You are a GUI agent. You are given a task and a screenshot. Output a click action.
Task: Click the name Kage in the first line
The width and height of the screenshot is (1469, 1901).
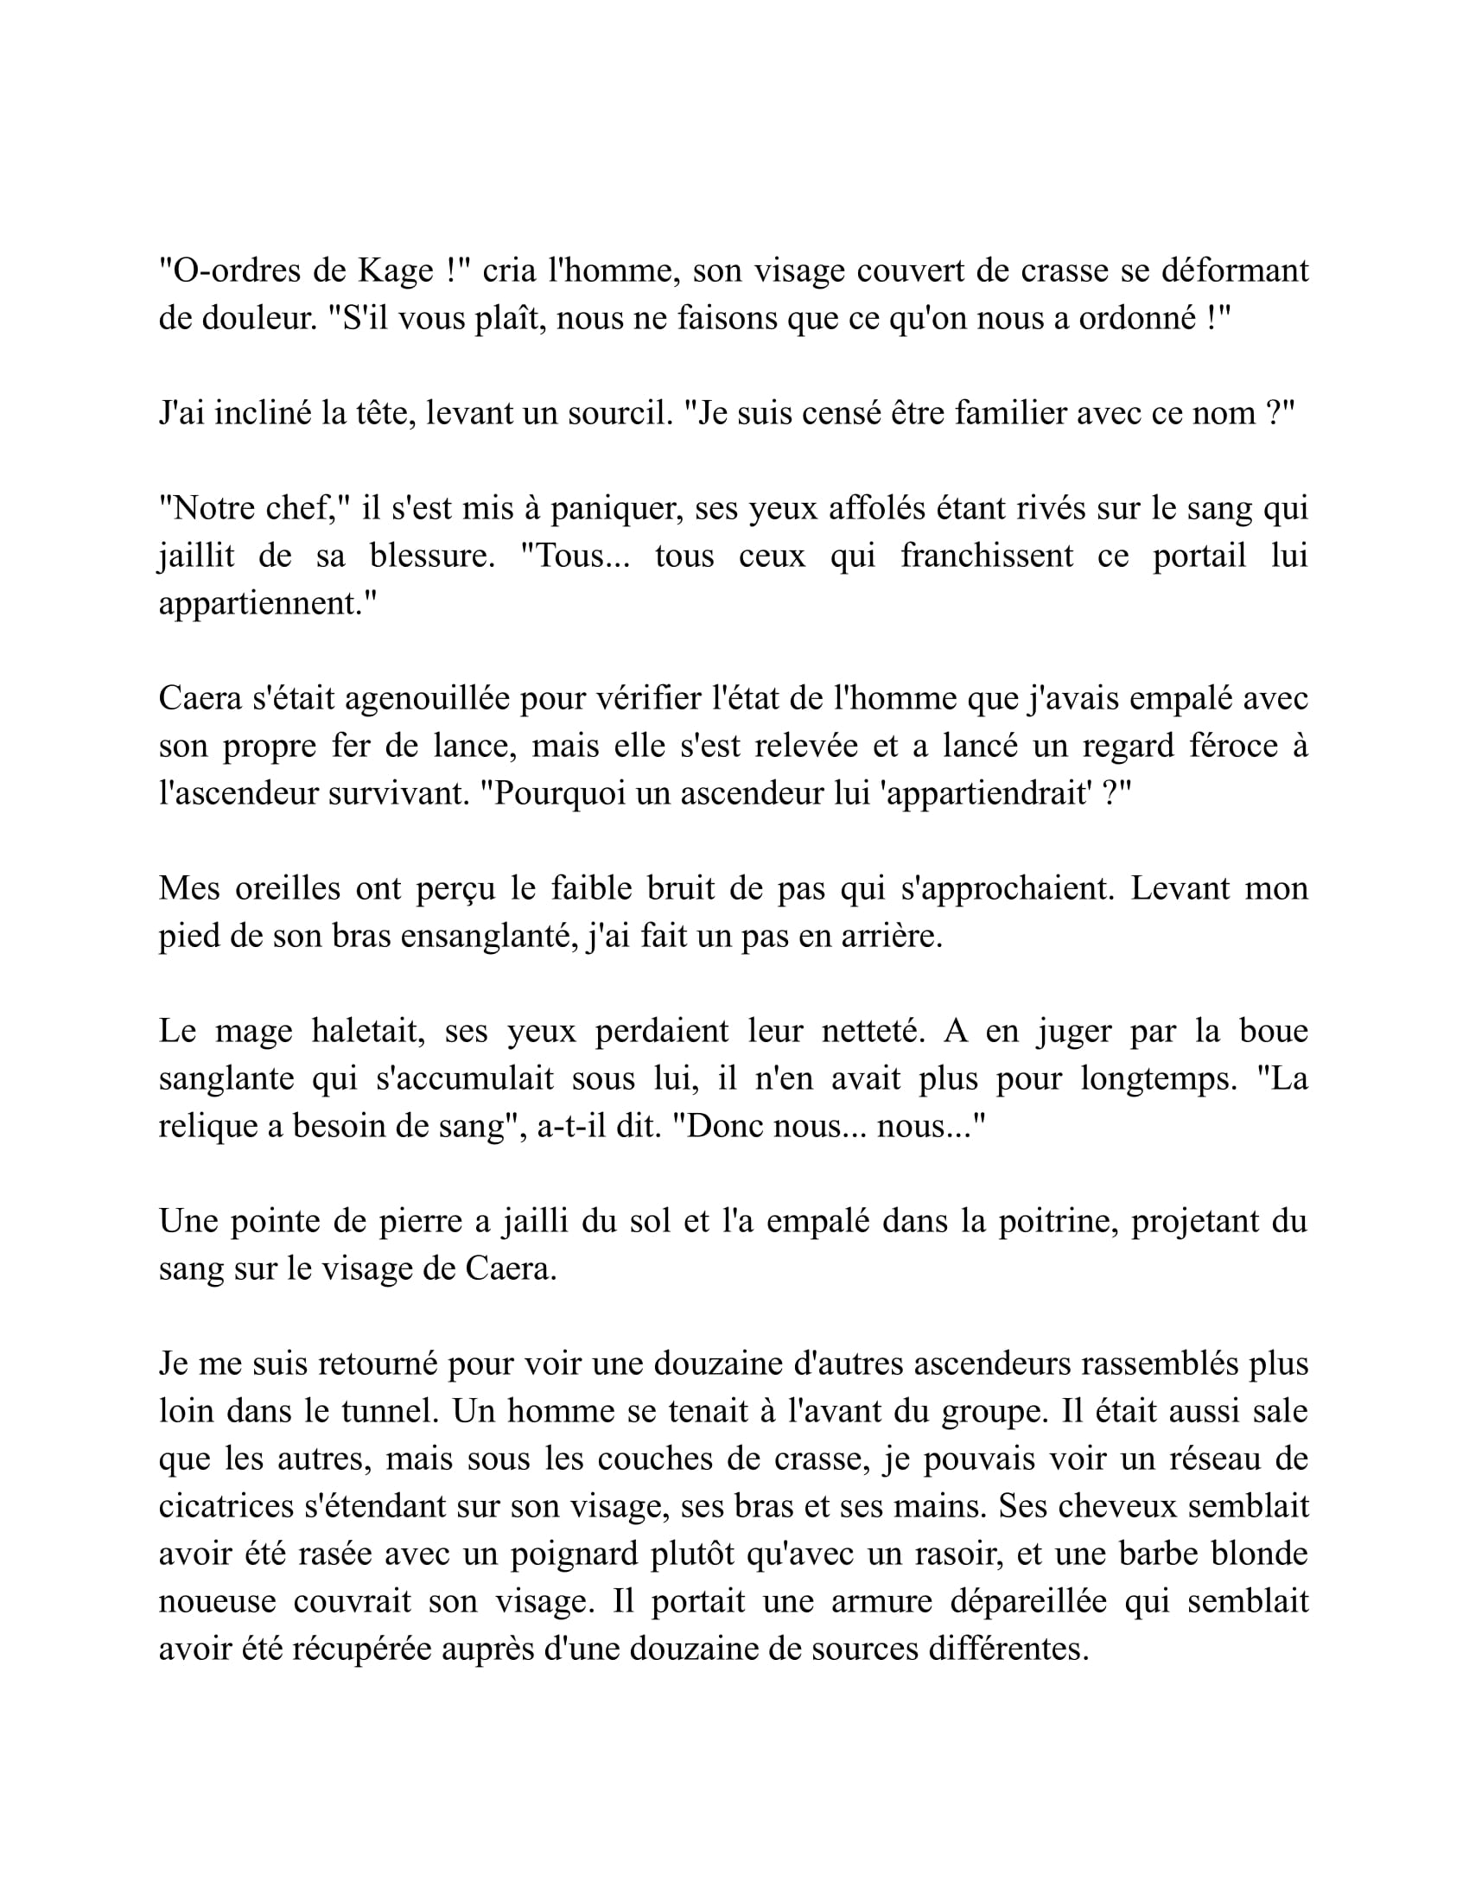click(x=396, y=271)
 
